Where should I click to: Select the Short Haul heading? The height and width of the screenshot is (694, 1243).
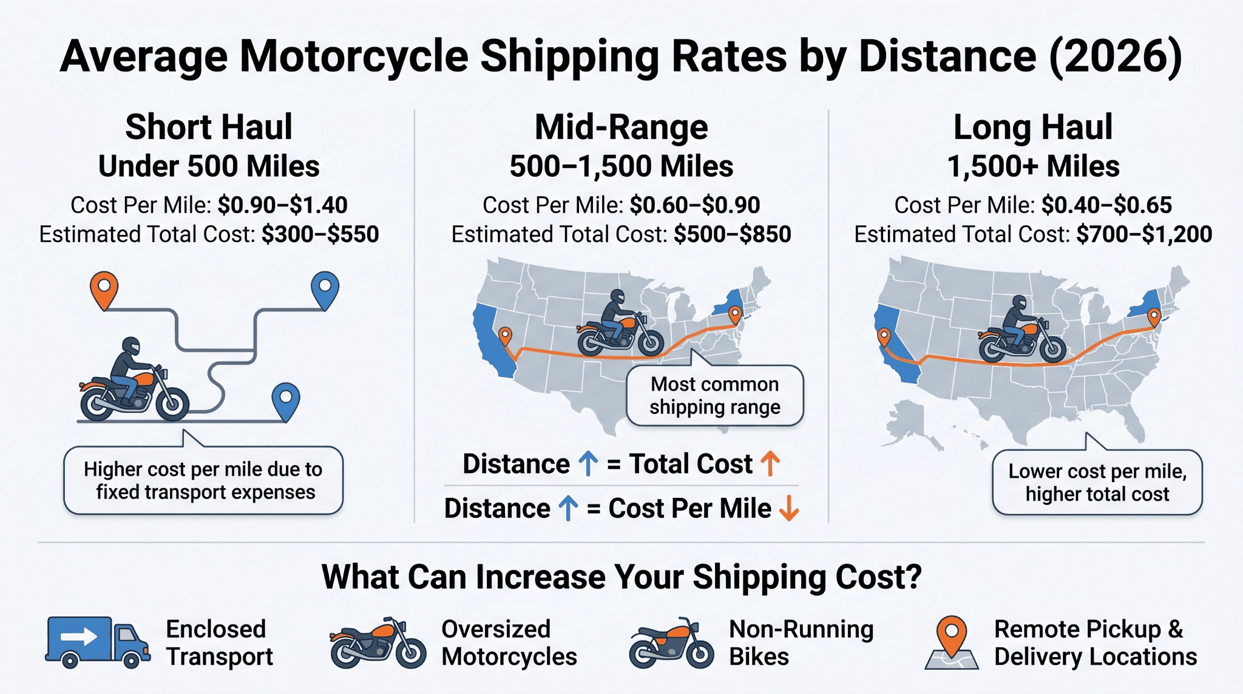click(x=209, y=127)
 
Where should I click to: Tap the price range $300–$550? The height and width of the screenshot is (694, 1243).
click(x=320, y=234)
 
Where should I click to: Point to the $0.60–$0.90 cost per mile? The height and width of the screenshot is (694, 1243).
click(x=695, y=205)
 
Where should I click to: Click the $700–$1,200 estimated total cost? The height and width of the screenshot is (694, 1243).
click(x=1144, y=234)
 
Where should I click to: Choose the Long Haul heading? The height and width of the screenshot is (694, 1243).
click(x=1033, y=127)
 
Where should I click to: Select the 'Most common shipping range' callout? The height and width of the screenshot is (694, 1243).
click(x=715, y=395)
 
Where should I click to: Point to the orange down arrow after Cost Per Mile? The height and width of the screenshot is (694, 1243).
click(x=789, y=509)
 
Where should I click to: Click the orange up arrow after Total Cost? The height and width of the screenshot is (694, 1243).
click(x=770, y=464)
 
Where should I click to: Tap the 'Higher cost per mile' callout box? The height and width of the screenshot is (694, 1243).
click(x=203, y=480)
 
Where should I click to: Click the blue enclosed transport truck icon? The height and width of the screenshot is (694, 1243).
click(x=98, y=642)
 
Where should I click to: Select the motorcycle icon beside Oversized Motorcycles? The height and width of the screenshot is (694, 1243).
click(x=378, y=643)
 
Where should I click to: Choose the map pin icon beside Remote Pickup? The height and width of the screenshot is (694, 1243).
click(x=952, y=642)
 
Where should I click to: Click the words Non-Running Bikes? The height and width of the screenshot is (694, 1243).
click(x=801, y=643)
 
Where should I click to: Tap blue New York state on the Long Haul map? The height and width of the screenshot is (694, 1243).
click(x=1145, y=303)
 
